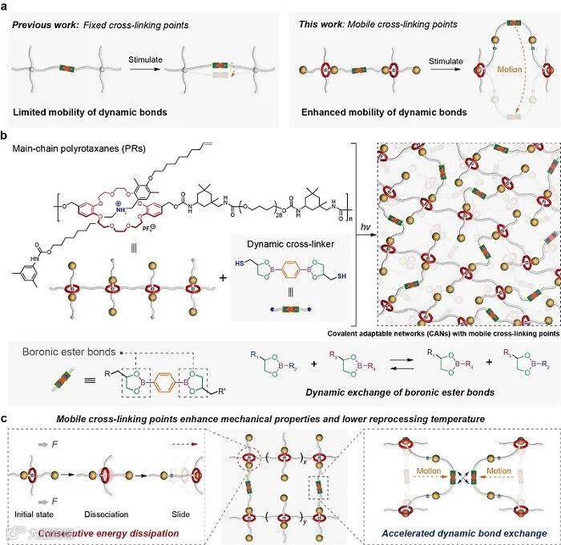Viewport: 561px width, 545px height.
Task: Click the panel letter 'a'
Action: click(x=6, y=6)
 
